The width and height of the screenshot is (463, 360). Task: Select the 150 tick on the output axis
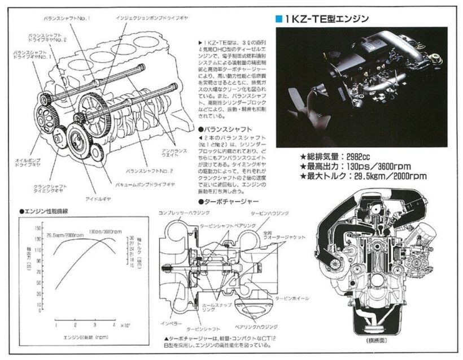(x=38, y=228)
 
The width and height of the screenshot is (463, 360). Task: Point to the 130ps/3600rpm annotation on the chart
(x=106, y=232)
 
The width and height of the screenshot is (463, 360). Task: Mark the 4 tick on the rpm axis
(x=114, y=325)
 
